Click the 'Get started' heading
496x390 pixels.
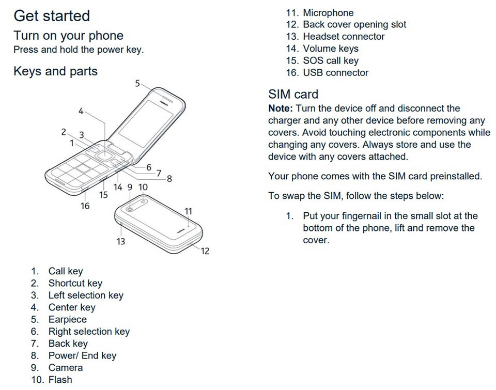[52, 16]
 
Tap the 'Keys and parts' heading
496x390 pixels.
[56, 71]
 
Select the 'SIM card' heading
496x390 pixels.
[293, 94]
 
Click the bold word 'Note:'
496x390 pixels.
[281, 108]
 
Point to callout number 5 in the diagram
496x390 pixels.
[137, 83]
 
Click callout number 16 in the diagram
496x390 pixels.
[85, 206]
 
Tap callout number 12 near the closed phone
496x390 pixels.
[205, 251]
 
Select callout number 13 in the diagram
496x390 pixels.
[121, 242]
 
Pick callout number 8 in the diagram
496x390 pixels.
[169, 179]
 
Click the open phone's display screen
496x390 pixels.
[146, 123]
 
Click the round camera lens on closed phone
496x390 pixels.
[129, 209]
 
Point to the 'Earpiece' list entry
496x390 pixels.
[67, 319]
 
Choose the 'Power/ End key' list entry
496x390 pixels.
[82, 355]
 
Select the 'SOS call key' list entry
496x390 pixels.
[331, 60]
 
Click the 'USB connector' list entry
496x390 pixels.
[336, 72]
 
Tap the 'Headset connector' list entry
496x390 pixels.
[344, 36]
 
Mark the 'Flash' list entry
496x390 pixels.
[60, 380]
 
